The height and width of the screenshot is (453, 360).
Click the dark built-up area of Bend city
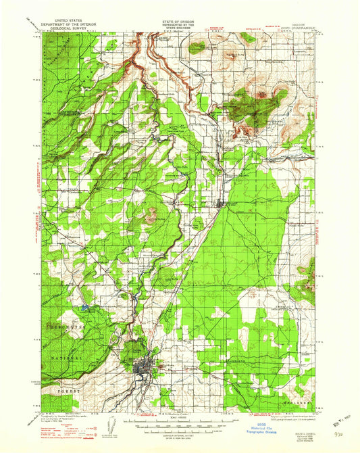[145, 368]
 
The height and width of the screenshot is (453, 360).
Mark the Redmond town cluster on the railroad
[223, 203]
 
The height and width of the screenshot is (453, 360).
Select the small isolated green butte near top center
[197, 47]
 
